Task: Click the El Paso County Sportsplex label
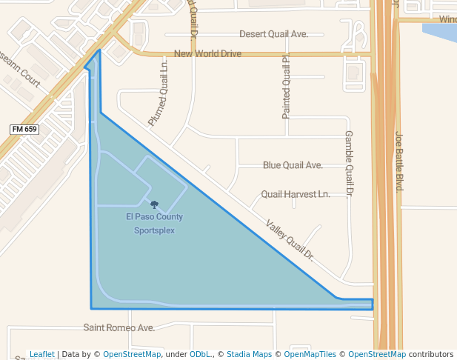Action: pyautogui.click(x=154, y=223)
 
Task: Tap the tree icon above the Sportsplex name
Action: pyautogui.click(x=154, y=204)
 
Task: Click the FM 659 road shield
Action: pyautogui.click(x=24, y=129)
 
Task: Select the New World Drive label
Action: pyautogui.click(x=207, y=54)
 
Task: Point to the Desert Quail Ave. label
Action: pyautogui.click(x=273, y=34)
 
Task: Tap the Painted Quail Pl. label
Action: pyautogui.click(x=286, y=87)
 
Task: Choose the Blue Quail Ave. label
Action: pyautogui.click(x=293, y=165)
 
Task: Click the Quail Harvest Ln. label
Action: pyautogui.click(x=296, y=194)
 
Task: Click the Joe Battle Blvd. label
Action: pyautogui.click(x=398, y=161)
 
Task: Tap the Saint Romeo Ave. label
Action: pyautogui.click(x=119, y=327)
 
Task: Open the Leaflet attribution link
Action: pyautogui.click(x=42, y=354)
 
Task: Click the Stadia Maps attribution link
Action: pyautogui.click(x=249, y=354)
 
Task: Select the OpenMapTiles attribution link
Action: pyautogui.click(x=311, y=354)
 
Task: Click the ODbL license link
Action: pyautogui.click(x=200, y=354)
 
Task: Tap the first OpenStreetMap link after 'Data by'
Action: pyautogui.click(x=132, y=354)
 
